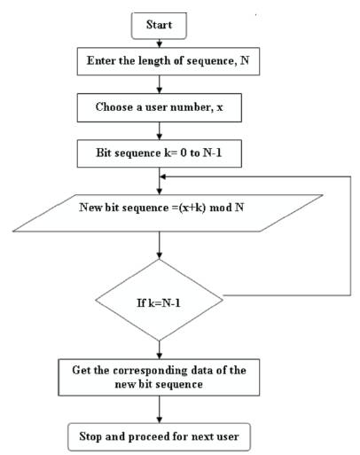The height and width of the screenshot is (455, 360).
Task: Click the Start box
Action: click(159, 26)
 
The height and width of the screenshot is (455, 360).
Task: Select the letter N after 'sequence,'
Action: click(245, 60)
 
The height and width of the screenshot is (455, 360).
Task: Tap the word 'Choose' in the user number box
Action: click(114, 107)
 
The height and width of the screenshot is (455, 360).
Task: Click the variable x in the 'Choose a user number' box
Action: click(220, 107)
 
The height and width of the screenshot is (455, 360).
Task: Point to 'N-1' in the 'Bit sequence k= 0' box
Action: click(212, 153)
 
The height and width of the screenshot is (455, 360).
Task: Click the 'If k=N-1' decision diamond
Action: click(159, 300)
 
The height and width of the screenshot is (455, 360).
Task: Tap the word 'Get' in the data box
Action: click(81, 370)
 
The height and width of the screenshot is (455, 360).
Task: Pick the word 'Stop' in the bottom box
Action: click(90, 436)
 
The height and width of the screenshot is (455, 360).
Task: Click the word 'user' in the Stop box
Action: click(227, 437)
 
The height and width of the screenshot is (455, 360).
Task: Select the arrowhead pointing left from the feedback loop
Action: click(162, 177)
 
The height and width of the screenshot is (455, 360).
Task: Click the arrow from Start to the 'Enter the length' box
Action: click(160, 43)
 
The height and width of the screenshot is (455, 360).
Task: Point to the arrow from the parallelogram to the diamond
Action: click(160, 245)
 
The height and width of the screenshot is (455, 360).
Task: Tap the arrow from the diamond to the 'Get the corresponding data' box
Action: click(160, 349)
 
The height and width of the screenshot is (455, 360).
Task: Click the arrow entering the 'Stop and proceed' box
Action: click(160, 410)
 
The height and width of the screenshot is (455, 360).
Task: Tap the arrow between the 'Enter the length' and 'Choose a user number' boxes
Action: click(160, 84)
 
